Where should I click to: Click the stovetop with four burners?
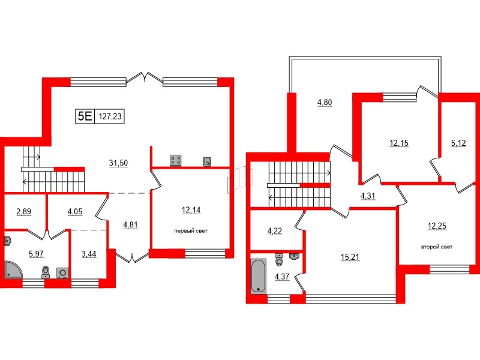(176, 160)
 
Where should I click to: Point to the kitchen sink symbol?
(207, 160)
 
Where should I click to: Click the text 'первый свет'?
(190, 231)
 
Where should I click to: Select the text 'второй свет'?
(436, 247)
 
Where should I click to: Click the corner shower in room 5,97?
(13, 270)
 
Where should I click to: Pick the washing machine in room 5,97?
(62, 272)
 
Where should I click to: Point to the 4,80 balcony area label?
(324, 102)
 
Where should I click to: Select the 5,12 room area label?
(458, 143)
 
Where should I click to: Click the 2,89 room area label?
(24, 211)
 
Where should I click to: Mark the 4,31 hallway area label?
(368, 196)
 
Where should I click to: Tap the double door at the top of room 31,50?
(145, 78)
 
